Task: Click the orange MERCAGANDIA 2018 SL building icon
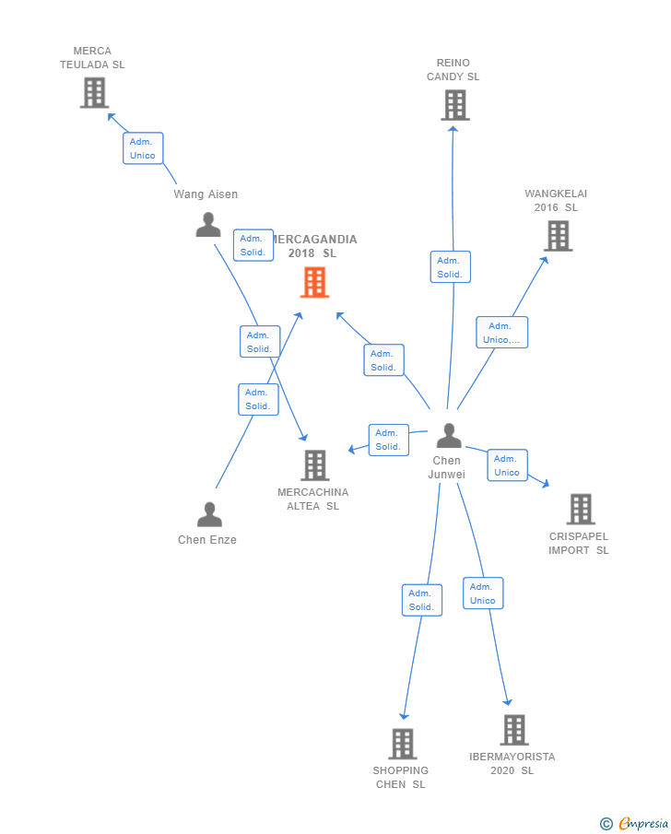click(x=314, y=282)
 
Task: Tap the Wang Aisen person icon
click(x=208, y=225)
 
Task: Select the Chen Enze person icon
click(x=209, y=514)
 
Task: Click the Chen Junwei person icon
click(x=449, y=436)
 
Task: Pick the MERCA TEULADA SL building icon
click(x=94, y=92)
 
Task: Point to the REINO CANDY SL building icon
click(x=455, y=105)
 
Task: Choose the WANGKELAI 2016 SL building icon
click(x=559, y=236)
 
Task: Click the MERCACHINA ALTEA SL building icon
click(x=315, y=465)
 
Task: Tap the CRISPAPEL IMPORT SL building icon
click(x=581, y=509)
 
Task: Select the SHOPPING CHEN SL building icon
click(x=402, y=744)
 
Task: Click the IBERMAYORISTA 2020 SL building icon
click(x=514, y=730)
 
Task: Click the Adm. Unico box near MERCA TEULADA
click(x=143, y=148)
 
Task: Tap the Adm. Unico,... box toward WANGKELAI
click(x=501, y=333)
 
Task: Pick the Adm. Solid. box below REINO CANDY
click(x=450, y=267)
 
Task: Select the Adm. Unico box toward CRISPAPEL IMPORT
click(x=508, y=464)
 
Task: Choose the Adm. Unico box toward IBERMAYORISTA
click(x=483, y=593)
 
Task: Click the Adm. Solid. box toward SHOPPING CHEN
click(x=422, y=600)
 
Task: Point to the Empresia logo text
click(x=642, y=823)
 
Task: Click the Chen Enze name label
click(x=207, y=540)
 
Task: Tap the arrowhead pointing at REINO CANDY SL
click(x=453, y=129)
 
